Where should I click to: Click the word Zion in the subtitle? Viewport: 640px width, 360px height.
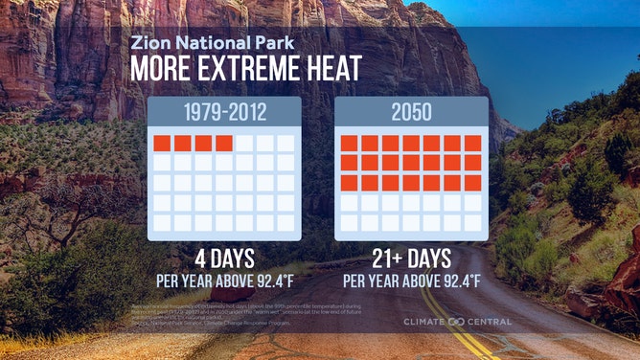(x=148, y=44)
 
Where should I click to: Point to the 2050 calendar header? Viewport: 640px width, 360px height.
(x=411, y=112)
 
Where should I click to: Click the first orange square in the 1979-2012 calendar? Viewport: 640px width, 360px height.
(x=162, y=144)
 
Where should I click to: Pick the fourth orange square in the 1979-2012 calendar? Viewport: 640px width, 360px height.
(x=223, y=144)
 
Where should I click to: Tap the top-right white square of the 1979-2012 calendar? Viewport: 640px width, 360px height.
(x=286, y=144)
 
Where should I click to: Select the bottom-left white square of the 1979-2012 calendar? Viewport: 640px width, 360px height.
(x=162, y=222)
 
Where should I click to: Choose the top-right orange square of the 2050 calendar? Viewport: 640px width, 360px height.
(x=472, y=144)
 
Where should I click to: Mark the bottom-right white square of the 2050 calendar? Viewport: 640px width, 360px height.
(x=472, y=222)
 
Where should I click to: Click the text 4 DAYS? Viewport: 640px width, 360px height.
(x=225, y=259)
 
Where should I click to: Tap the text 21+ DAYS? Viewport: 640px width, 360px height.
(x=412, y=259)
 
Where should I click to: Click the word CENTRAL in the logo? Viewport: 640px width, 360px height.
(x=490, y=322)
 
